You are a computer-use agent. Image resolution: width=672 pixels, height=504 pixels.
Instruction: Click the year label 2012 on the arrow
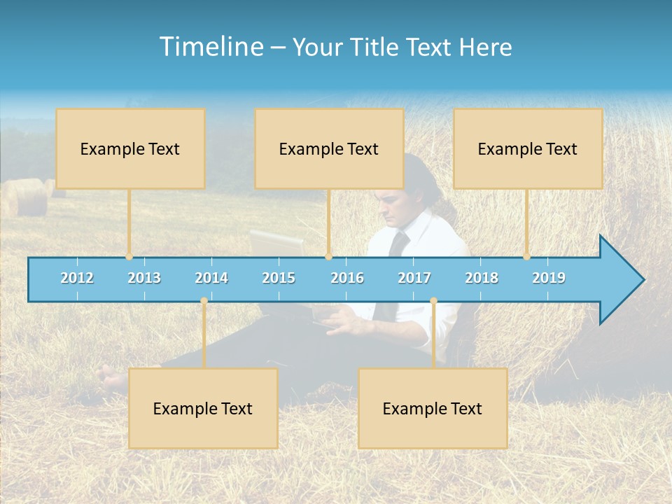[77, 278]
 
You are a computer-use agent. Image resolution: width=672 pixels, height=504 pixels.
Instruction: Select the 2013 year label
[144, 278]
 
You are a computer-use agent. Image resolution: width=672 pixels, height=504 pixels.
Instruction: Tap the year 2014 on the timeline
[211, 278]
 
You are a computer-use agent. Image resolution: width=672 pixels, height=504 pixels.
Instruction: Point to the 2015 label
[279, 278]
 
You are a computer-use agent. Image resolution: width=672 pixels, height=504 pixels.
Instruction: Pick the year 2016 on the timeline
[347, 278]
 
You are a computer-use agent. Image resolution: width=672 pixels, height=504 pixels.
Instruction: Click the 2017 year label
[414, 278]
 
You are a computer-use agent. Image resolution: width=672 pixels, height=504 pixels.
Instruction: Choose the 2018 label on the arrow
[482, 278]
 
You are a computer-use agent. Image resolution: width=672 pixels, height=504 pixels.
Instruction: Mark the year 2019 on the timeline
[549, 278]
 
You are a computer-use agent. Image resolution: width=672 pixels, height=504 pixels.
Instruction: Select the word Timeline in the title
[210, 47]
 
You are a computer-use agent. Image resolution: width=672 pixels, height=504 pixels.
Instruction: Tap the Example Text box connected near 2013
[130, 148]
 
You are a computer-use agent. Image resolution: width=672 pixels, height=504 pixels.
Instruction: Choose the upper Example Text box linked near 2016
[329, 148]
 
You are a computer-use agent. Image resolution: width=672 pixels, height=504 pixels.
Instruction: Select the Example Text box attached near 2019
[528, 148]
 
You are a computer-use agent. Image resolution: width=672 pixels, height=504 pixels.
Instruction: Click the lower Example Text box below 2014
[203, 408]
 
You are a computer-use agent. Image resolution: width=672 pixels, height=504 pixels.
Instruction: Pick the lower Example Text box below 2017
[433, 408]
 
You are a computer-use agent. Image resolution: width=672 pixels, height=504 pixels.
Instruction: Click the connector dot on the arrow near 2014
[204, 301]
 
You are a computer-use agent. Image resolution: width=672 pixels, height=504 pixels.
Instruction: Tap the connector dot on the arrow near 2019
[527, 256]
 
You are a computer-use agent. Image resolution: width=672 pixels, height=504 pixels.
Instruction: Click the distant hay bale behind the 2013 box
[28, 197]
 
